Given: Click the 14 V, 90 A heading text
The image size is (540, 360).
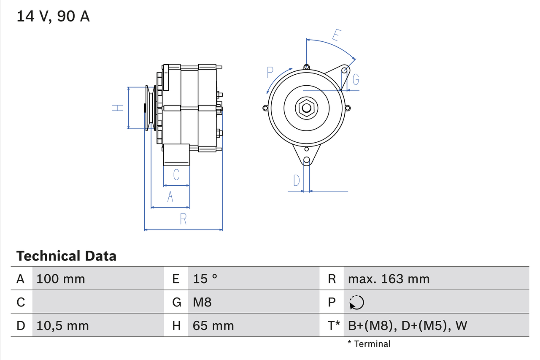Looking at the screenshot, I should [x=53, y=16].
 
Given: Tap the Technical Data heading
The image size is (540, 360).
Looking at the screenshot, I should [x=66, y=256].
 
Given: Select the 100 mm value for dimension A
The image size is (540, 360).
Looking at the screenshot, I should [x=61, y=279].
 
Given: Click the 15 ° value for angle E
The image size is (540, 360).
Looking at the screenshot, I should [x=205, y=279].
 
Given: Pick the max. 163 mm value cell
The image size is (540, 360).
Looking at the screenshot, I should [x=389, y=279].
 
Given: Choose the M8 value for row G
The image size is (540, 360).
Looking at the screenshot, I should [x=202, y=302].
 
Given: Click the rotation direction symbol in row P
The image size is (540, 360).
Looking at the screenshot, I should [x=356, y=302].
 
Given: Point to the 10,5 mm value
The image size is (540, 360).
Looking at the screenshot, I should [x=63, y=325].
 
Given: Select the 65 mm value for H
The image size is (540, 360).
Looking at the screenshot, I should [x=213, y=325].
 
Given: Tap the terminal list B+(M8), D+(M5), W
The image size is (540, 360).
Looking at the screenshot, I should [x=408, y=325].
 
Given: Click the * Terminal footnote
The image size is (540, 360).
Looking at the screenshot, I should [x=369, y=344].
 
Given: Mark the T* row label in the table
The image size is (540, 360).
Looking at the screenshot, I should [x=333, y=325].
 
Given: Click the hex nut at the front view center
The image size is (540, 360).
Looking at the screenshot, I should [x=306, y=108].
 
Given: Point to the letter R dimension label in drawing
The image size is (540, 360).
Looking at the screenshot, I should [x=184, y=219].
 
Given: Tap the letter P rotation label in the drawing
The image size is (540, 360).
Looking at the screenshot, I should [x=270, y=73].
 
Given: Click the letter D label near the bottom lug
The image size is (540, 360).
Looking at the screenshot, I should [x=297, y=181].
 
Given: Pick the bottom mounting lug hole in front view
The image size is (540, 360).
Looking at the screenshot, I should [x=307, y=160].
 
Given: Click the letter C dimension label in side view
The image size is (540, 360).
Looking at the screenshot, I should [x=176, y=174].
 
